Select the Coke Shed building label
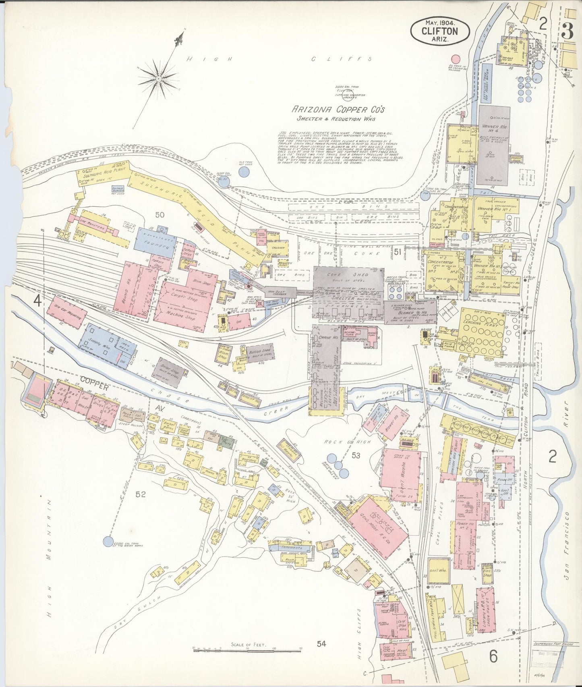[348, 275]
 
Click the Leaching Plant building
[481, 332]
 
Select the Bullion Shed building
[261, 353]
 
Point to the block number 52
[140, 494]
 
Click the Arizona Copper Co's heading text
[338, 109]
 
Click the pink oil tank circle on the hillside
[456, 60]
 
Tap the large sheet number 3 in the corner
[568, 31]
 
